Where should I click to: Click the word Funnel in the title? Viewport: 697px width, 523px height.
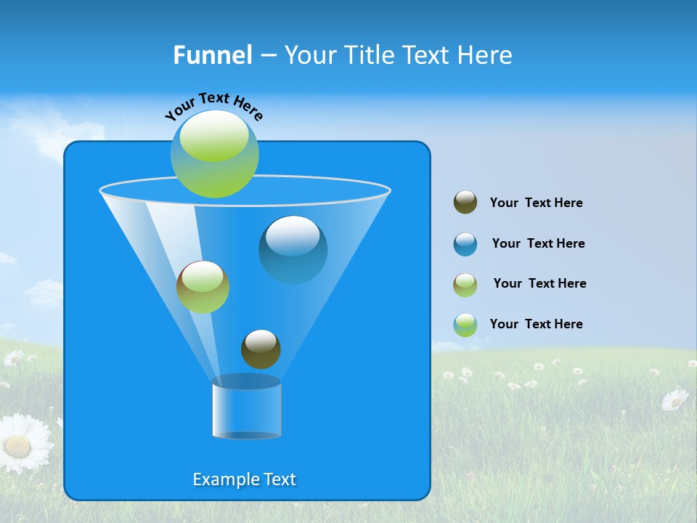click(212, 55)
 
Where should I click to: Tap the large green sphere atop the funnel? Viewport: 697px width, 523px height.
click(215, 153)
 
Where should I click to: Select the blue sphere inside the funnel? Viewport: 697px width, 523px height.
click(293, 249)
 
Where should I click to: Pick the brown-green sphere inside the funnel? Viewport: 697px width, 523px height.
click(203, 287)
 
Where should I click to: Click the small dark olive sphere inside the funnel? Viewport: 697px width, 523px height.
click(261, 349)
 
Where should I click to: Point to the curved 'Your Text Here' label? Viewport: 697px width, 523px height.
click(213, 105)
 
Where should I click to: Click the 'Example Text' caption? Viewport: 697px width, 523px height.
click(244, 479)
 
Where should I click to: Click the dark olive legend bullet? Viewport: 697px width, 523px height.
click(465, 202)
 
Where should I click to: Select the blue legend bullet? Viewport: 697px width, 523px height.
click(465, 244)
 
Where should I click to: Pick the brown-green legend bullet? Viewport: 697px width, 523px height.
click(465, 285)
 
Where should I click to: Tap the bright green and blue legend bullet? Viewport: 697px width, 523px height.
click(465, 325)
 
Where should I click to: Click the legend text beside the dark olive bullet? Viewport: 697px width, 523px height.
click(536, 203)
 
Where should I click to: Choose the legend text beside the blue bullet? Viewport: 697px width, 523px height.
click(538, 244)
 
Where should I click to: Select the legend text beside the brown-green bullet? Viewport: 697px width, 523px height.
click(539, 284)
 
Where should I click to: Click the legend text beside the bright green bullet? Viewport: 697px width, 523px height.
click(536, 325)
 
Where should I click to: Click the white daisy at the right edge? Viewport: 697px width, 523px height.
click(675, 399)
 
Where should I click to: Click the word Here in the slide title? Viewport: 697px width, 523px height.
click(486, 55)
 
